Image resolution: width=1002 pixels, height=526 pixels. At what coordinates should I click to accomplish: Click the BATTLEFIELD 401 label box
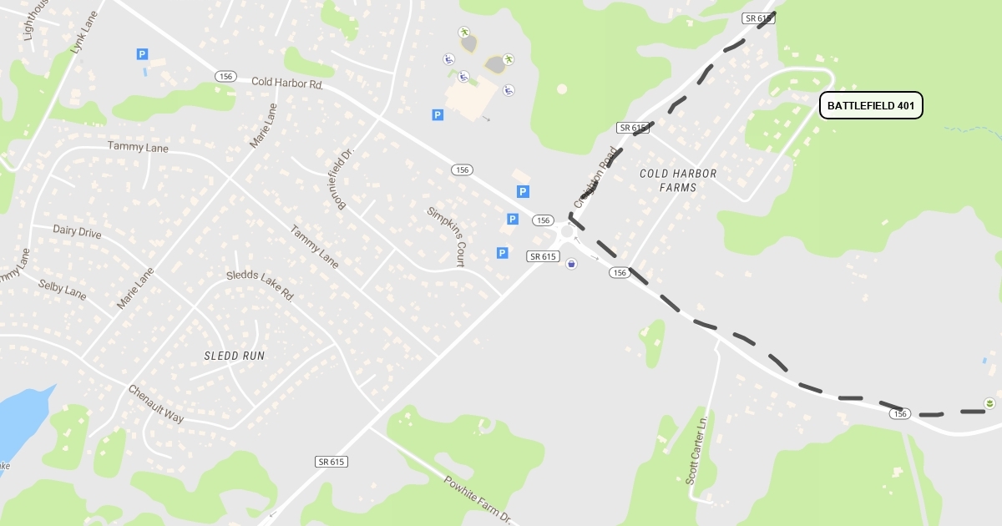pos(871,105)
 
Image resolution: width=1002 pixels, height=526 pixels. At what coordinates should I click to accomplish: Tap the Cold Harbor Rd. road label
pos(286,83)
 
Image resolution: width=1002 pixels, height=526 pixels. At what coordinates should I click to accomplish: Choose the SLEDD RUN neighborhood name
pos(235,356)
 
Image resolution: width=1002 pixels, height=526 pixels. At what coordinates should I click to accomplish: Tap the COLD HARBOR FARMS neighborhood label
pos(678,180)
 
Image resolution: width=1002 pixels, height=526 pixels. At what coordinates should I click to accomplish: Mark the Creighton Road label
pos(595,177)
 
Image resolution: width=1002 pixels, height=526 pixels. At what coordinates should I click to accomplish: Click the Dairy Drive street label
pos(77,231)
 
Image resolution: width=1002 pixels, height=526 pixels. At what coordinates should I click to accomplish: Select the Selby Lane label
pos(62,290)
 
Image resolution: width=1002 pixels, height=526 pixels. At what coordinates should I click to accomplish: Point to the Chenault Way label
pos(155,403)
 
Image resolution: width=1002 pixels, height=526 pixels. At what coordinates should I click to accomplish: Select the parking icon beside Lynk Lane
pos(142,54)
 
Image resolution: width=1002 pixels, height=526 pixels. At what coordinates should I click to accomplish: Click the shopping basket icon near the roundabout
pos(571,264)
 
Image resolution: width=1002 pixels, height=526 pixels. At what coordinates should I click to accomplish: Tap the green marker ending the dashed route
pos(989,403)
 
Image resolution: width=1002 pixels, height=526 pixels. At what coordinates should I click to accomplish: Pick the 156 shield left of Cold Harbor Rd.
pos(225,76)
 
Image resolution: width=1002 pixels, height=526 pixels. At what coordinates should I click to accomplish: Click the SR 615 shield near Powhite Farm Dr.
pos(331,462)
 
